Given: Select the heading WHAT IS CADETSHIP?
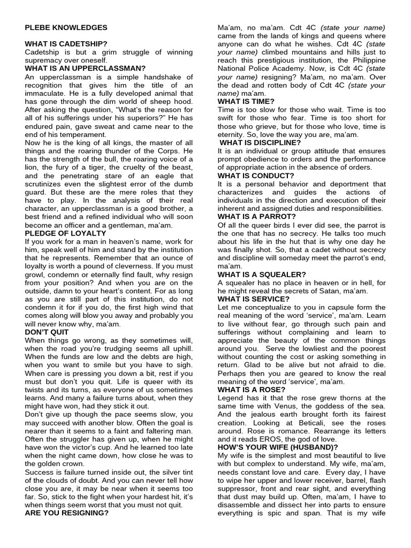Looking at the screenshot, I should [66, 44].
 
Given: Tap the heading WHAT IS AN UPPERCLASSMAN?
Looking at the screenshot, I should [85, 68].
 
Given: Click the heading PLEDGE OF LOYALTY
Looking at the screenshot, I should [66, 233].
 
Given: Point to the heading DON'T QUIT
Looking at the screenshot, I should [47, 332].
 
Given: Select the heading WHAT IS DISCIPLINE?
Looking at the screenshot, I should [260, 142].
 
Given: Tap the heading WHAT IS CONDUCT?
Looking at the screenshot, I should [256, 176].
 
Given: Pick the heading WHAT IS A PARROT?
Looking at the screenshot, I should [257, 217].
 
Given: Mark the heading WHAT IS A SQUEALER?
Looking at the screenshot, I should [262, 275].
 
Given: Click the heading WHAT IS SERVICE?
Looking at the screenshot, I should [254, 299].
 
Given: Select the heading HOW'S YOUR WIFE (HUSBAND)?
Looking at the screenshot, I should [278, 447].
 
